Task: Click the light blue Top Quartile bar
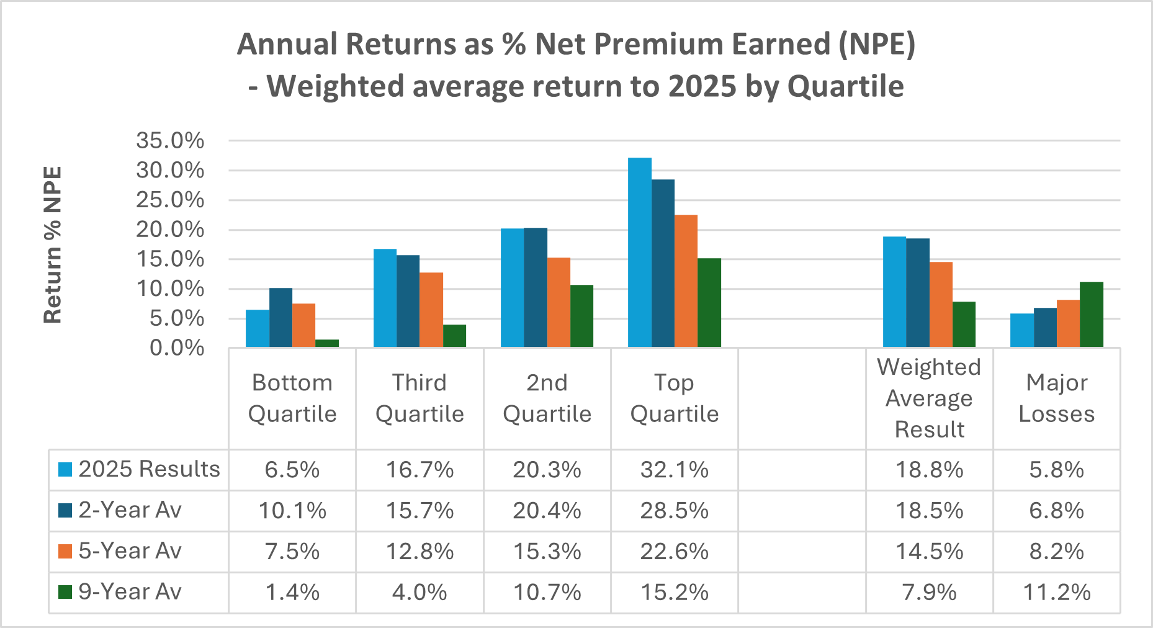click(640, 253)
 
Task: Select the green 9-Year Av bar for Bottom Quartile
click(327, 343)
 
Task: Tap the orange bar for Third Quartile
click(431, 310)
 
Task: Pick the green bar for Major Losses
click(1092, 315)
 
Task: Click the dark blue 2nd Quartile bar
click(536, 287)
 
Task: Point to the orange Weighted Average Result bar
click(941, 304)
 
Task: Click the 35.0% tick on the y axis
click(170, 141)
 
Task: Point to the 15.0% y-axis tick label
click(170, 259)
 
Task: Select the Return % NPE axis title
click(53, 244)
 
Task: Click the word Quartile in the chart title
click(845, 86)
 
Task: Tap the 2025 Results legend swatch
click(65, 469)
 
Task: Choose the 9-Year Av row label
click(130, 592)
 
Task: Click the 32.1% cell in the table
click(675, 470)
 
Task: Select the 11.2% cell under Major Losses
click(1057, 593)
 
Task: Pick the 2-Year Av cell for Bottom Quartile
click(292, 511)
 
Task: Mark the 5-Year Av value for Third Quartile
click(420, 552)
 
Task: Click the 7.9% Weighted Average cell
click(929, 593)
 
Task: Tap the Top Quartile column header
click(675, 398)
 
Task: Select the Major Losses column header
click(1057, 398)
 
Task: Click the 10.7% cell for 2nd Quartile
click(547, 593)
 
